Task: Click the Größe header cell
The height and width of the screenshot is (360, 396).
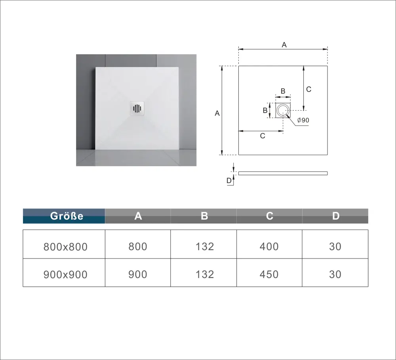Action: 64,216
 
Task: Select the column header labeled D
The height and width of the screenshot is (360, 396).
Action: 335,216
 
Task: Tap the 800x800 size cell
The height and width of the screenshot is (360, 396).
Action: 65,247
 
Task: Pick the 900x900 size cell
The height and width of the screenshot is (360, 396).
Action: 65,274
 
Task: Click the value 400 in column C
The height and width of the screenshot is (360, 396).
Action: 269,247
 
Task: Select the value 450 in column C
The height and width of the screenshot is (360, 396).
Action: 269,274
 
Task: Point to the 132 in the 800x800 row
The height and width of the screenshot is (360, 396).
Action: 205,247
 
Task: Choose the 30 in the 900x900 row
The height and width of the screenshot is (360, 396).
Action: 335,274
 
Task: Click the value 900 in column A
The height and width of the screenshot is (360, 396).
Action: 138,274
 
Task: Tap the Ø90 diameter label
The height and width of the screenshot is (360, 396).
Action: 303,120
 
